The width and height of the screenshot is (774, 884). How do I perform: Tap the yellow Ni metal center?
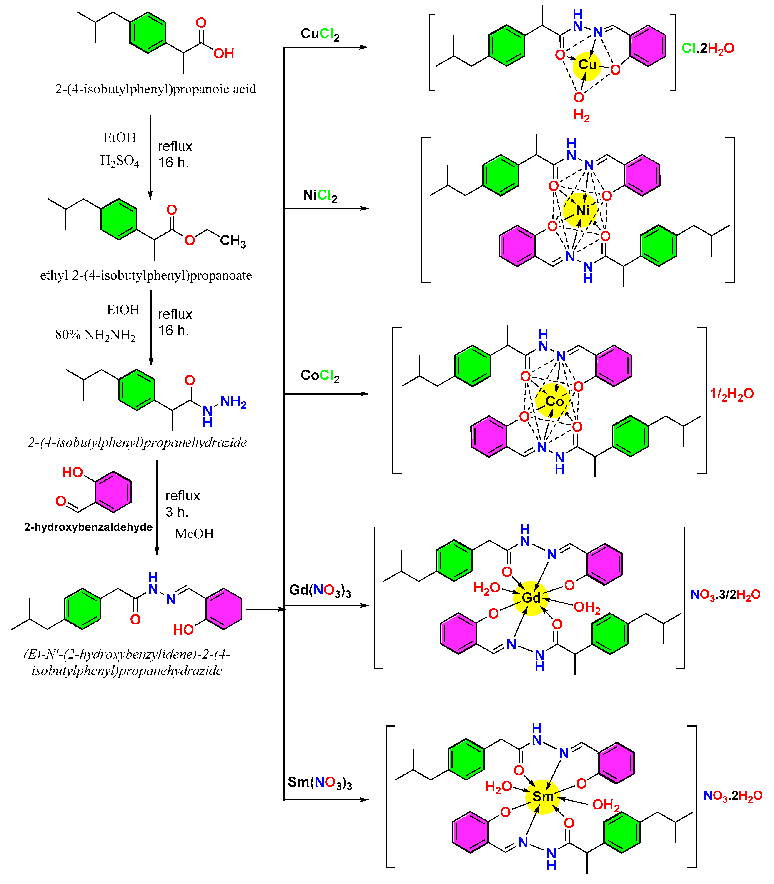(581, 210)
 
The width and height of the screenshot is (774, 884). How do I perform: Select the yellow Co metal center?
(553, 401)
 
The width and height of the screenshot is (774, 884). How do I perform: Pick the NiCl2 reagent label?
(320, 196)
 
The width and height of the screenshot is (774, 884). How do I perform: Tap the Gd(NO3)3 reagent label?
(320, 590)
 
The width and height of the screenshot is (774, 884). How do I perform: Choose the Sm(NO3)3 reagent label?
(320, 782)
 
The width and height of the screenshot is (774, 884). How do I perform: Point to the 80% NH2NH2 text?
(95, 335)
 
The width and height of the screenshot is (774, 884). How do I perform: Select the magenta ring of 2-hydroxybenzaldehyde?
(113, 492)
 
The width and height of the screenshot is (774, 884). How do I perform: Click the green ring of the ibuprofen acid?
(148, 33)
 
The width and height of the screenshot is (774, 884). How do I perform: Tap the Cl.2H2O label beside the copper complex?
(707, 48)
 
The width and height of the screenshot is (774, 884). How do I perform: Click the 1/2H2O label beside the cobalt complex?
(732, 393)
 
